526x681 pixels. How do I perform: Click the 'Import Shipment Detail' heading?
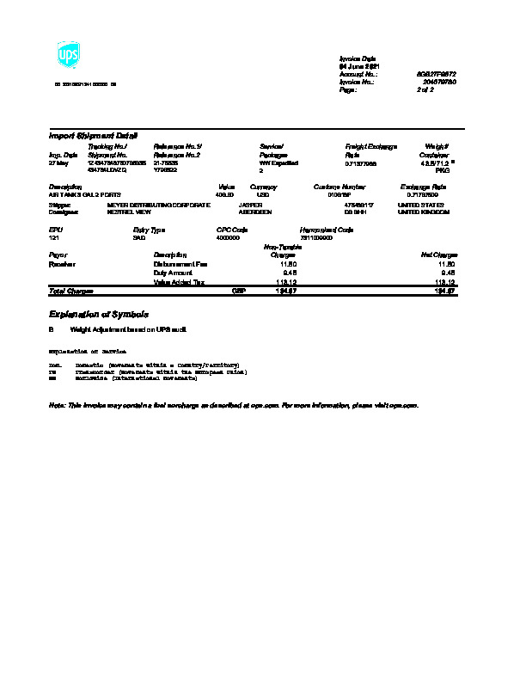[93, 136]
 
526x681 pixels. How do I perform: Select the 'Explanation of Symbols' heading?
[99, 315]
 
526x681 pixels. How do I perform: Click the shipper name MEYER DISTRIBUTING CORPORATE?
[158, 205]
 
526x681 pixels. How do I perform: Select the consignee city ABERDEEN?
[255, 212]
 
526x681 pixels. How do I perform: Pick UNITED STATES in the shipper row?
[420, 205]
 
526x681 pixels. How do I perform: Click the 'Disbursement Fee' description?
[180, 264]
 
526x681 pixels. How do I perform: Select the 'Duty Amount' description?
[173, 273]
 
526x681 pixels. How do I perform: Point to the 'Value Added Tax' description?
[179, 282]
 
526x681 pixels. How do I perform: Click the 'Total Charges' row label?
[71, 291]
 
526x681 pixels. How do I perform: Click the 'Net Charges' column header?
[439, 255]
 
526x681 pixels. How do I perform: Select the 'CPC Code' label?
[232, 230]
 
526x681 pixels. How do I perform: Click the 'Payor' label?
[58, 255]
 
